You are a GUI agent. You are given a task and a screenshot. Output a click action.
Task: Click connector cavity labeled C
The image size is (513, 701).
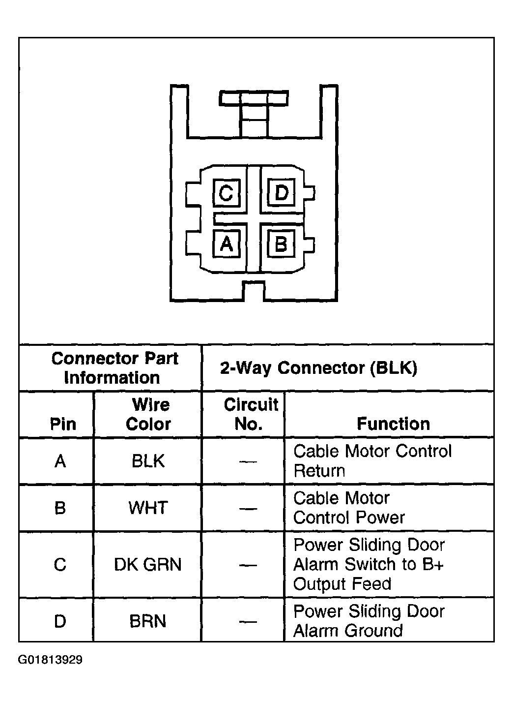coord(226,193)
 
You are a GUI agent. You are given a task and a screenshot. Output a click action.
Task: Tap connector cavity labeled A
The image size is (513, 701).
coord(226,243)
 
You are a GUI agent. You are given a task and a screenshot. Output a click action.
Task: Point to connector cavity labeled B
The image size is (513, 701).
coord(281,244)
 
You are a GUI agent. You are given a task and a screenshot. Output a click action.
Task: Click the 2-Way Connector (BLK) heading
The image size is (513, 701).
coord(318,368)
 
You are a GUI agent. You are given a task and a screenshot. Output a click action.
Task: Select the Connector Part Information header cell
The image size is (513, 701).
coord(114,368)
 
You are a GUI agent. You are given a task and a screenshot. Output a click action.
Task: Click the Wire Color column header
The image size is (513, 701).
coord(148,414)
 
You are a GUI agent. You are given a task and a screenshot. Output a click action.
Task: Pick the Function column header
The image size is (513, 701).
coord(393,424)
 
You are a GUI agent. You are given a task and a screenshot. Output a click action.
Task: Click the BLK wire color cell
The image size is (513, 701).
coord(148,461)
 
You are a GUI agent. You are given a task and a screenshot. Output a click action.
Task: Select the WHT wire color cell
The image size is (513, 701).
coord(148,508)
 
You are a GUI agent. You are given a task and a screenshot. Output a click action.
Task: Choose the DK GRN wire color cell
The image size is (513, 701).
coord(148,564)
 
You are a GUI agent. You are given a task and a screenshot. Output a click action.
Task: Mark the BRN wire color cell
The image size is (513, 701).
coord(148,621)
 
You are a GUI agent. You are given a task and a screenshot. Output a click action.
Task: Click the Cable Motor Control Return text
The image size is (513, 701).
coord(372,461)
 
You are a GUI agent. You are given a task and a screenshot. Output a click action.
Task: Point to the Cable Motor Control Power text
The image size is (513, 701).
coord(349,508)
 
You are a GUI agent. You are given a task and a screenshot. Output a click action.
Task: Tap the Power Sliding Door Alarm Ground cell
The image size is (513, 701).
coord(369,621)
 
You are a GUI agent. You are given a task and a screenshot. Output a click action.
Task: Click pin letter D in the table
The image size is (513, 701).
coord(60,621)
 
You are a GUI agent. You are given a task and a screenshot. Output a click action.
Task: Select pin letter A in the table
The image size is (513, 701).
coord(60,461)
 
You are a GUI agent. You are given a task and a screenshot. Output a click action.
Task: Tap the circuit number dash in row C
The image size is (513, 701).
coord(248,565)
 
